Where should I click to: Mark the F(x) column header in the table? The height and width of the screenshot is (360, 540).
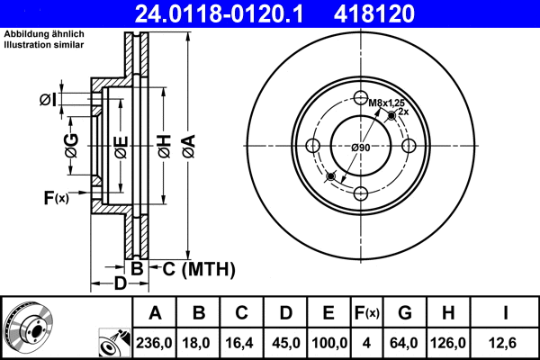366,313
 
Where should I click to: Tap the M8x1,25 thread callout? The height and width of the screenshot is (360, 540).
385,103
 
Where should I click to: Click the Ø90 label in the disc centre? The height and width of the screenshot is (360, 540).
361,147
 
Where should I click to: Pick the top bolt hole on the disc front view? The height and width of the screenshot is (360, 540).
360,99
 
